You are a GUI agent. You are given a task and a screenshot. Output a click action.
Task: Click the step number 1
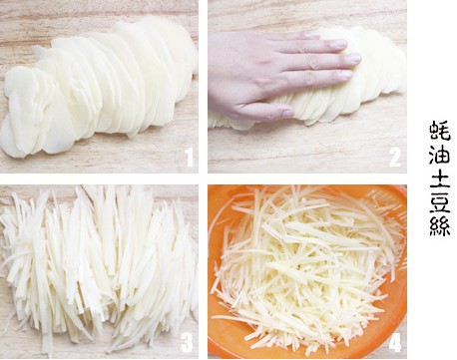190,157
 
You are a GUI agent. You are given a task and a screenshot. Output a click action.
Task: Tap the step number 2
395,157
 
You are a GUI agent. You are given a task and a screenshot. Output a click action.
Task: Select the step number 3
187,342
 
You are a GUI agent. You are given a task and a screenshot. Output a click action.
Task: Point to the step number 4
395,342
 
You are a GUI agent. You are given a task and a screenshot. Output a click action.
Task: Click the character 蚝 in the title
440,131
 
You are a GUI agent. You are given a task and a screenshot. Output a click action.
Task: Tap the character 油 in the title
440,155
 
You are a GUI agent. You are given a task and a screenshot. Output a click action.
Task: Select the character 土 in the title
440,179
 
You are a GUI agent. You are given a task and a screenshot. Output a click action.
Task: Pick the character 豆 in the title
440,201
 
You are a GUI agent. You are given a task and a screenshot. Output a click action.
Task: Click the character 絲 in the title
440,226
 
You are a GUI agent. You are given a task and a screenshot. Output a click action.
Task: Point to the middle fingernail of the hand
352,58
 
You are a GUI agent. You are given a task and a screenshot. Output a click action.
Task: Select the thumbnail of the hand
288,113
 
